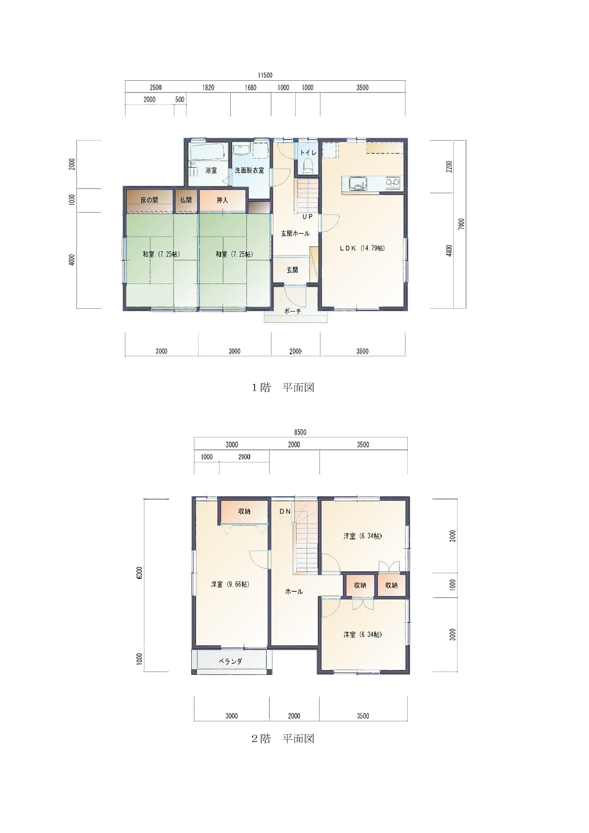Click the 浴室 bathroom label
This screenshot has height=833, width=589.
click(x=211, y=170)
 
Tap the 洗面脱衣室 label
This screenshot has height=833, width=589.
click(x=250, y=170)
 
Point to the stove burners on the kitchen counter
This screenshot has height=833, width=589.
click(x=393, y=183)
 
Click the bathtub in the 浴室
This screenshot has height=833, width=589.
click(x=208, y=152)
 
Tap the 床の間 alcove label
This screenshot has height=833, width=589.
click(x=149, y=200)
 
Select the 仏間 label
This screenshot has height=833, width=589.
click(x=186, y=200)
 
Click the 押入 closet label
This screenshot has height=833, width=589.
click(x=223, y=200)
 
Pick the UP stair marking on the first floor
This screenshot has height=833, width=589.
click(x=308, y=217)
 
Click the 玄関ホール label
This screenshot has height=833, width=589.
click(x=295, y=234)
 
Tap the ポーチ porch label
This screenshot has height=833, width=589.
click(x=292, y=312)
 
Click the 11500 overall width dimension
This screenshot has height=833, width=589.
click(x=265, y=76)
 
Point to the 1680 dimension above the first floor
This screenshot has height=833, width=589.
click(x=251, y=87)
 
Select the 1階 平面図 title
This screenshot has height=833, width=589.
click(x=283, y=388)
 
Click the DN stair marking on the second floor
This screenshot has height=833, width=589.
click(x=285, y=511)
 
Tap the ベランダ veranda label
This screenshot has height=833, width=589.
click(x=231, y=661)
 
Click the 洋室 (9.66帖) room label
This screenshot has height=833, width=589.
click(x=231, y=585)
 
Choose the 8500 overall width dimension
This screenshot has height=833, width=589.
click(x=300, y=433)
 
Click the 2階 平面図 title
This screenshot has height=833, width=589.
click(x=283, y=738)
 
